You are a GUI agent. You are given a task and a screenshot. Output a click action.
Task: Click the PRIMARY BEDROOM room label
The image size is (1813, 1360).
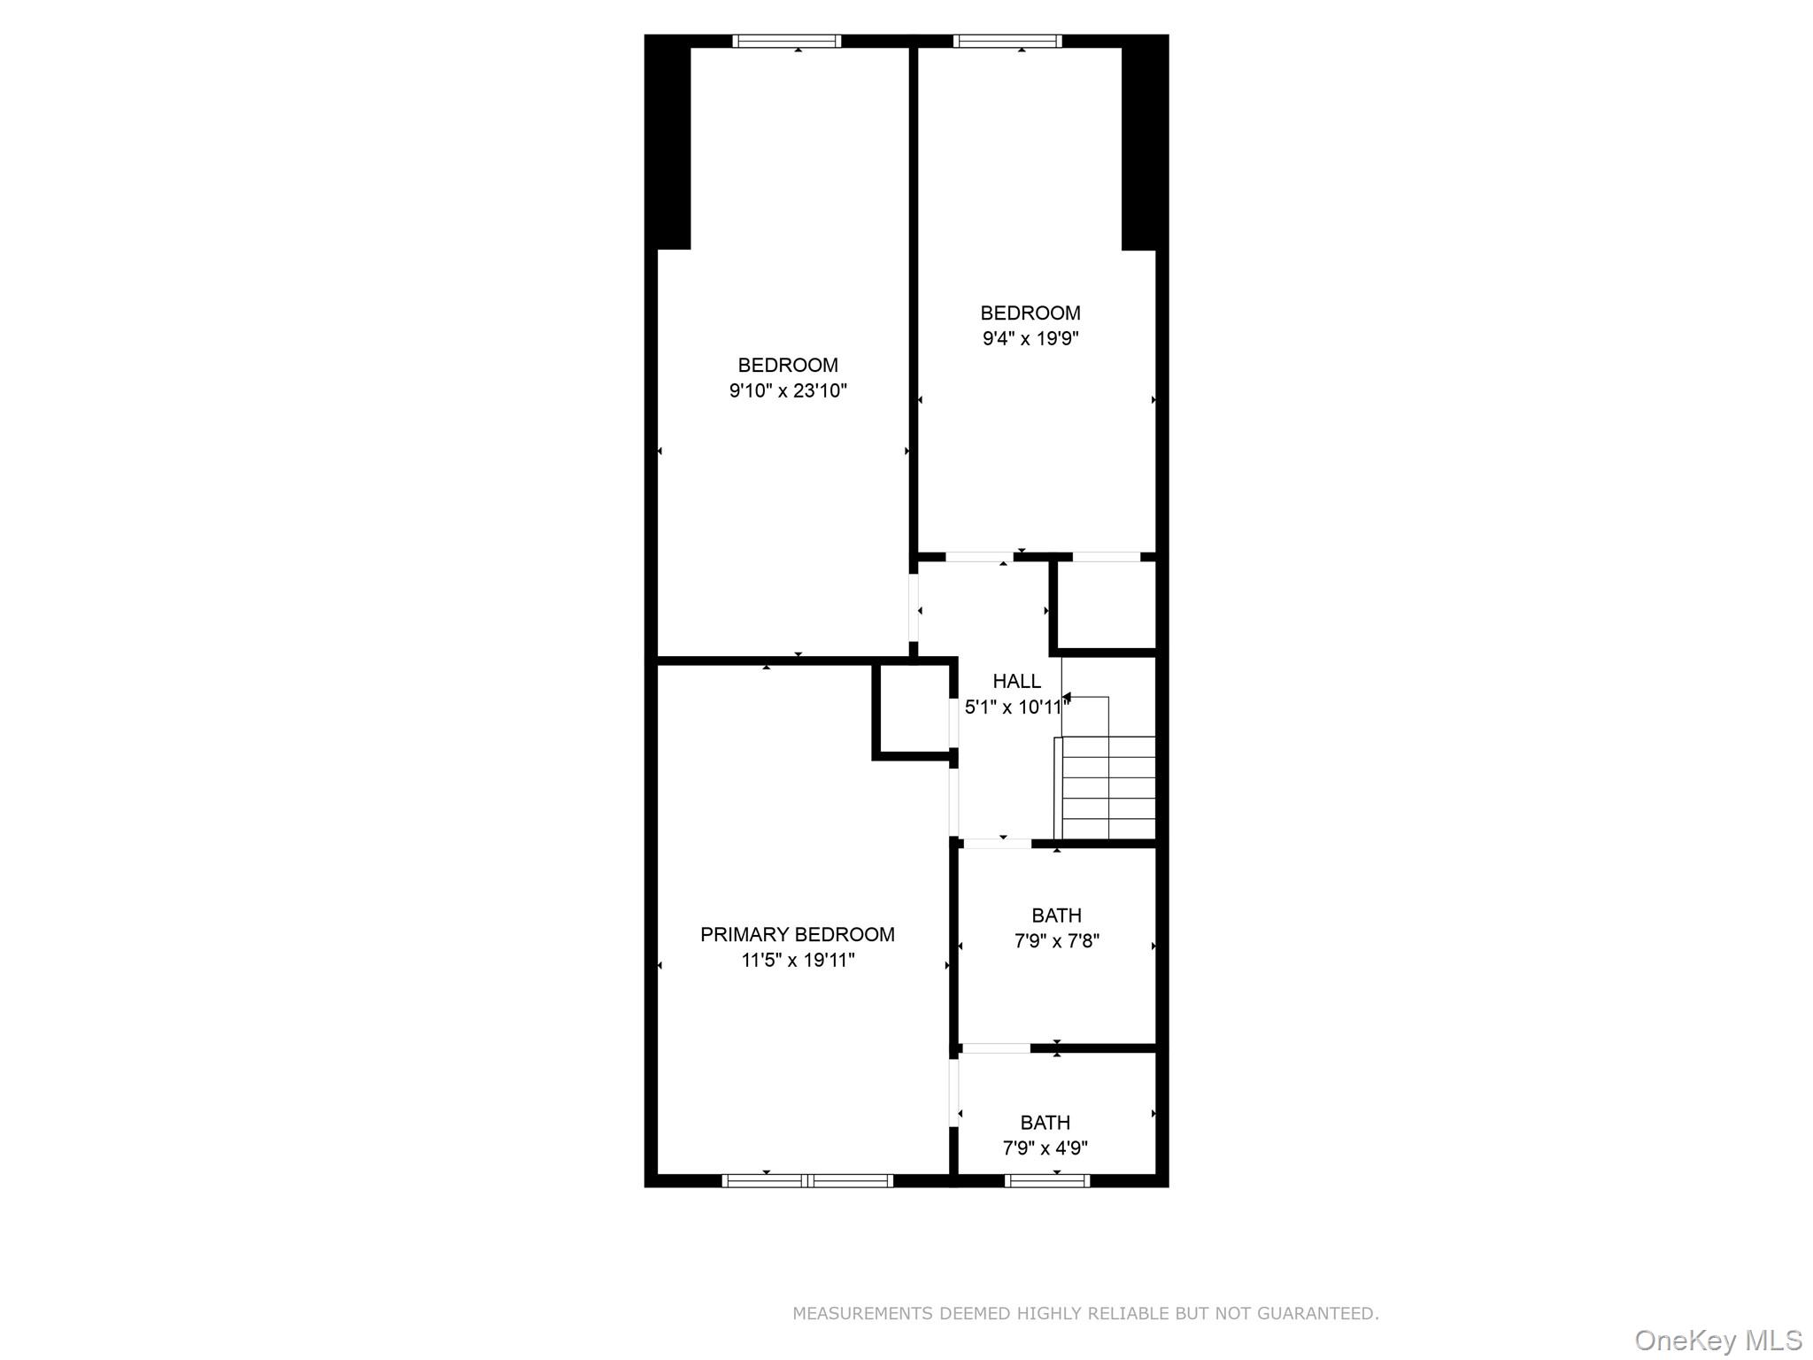(797, 934)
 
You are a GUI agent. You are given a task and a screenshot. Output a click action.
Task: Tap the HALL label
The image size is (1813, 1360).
(1016, 681)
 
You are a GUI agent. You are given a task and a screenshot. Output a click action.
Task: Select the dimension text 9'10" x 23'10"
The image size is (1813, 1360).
(788, 390)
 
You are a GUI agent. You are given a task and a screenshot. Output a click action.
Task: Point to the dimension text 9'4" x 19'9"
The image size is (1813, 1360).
(1030, 338)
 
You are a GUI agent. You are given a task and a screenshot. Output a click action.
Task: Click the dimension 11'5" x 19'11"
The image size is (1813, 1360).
(798, 960)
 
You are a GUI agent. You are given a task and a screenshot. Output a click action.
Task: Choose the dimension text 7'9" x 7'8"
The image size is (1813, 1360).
(1056, 940)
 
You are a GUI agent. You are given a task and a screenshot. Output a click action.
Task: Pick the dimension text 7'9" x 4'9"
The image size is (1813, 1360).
(1045, 1148)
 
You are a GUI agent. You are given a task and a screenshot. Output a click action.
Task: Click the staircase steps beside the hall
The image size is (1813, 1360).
(1108, 787)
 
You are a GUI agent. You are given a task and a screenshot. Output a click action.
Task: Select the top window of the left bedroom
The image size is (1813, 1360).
(787, 41)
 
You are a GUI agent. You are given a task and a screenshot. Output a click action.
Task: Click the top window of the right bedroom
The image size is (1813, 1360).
(1007, 41)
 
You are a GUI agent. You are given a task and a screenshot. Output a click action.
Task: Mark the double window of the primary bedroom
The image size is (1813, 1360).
(807, 1180)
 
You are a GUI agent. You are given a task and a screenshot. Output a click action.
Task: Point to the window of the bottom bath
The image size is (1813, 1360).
(1047, 1180)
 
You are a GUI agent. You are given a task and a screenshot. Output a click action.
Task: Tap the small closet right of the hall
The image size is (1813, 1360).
(1107, 605)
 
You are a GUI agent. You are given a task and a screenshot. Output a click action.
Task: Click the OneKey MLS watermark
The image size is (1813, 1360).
(1717, 1341)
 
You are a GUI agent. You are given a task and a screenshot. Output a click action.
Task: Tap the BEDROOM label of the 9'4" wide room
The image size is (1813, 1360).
(1030, 313)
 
